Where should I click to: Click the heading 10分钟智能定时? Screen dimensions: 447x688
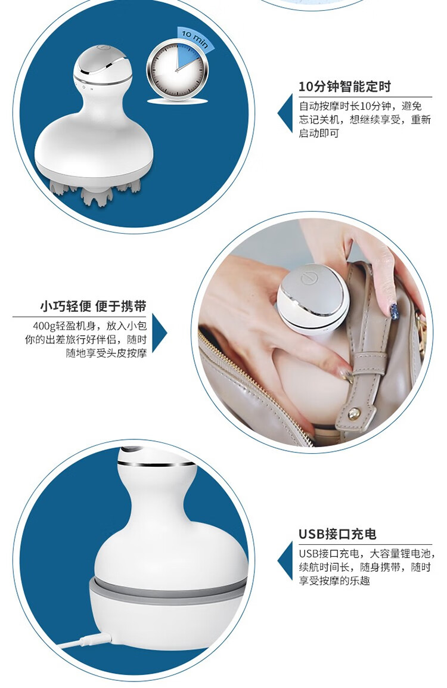344,86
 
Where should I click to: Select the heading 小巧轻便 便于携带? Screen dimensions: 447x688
93,306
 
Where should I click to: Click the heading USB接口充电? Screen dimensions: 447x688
337,534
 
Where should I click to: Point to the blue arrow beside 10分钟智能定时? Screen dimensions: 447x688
285,113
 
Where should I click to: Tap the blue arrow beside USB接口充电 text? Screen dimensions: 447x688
285,561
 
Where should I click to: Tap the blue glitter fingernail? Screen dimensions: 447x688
394,310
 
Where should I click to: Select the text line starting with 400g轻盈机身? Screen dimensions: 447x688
89,326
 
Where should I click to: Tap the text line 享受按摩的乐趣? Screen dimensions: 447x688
334,581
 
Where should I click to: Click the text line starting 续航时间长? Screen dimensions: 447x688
365,567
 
